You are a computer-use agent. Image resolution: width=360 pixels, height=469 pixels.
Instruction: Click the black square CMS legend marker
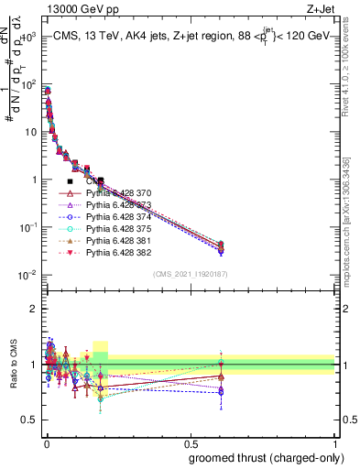[x=71, y=181]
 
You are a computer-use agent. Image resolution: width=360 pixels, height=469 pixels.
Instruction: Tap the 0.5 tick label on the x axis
[x=190, y=443]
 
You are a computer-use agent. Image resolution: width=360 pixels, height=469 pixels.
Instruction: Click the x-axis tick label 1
[x=335, y=443]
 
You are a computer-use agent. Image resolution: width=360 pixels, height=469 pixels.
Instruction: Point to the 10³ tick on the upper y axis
[x=28, y=37]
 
